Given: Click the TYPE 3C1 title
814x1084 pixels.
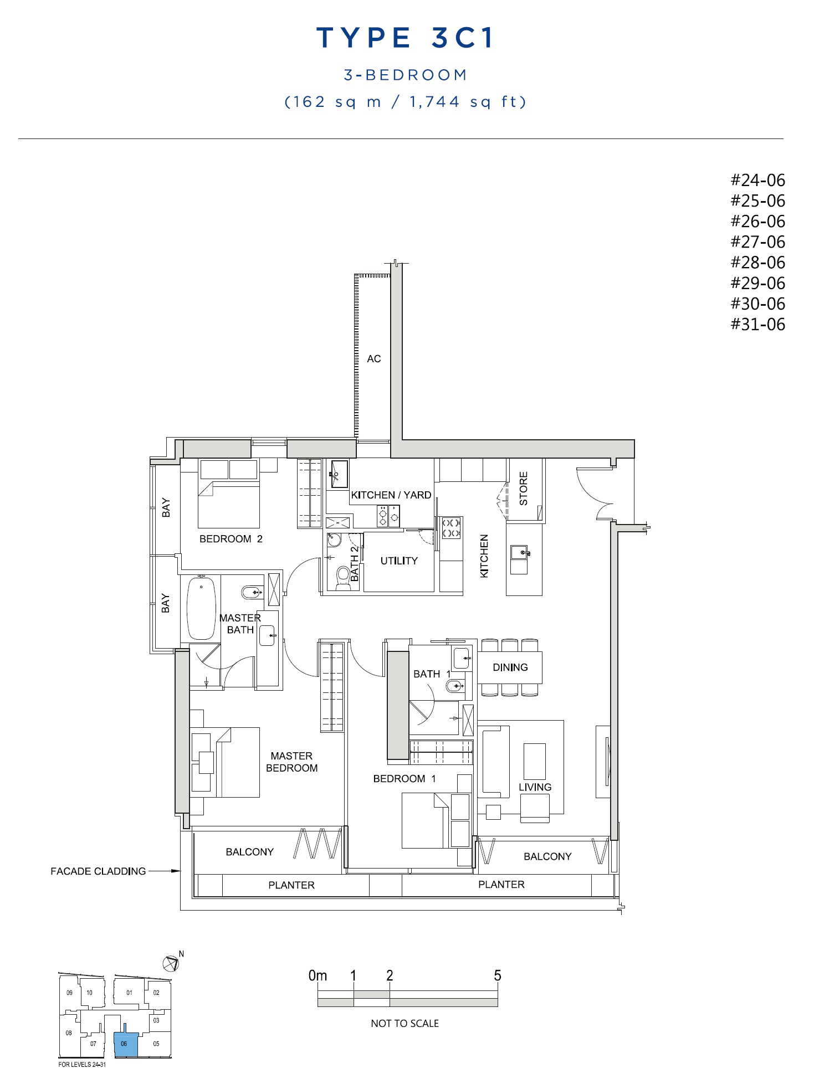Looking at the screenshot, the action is tap(405, 38).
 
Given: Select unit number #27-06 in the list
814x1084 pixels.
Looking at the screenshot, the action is tap(757, 242).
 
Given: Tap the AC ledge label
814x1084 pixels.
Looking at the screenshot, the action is tap(374, 359).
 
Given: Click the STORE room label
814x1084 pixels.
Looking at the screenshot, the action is tap(524, 489).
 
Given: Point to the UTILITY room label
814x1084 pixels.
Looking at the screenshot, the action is tap(399, 561).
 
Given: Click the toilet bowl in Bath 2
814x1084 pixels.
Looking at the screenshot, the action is tap(343, 576).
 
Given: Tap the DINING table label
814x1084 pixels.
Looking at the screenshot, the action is tap(510, 667).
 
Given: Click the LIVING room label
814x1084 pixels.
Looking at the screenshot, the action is tap(535, 787).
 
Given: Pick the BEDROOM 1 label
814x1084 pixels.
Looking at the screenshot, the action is tap(405, 779).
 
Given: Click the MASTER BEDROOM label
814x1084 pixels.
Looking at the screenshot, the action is tap(292, 762).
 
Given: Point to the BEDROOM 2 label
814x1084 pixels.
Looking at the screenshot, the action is tap(231, 539).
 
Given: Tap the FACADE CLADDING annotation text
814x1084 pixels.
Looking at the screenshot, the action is tap(98, 871).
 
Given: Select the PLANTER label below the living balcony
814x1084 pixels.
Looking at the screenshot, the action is tap(501, 885).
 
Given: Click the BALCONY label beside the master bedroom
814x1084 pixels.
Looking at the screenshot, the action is tap(250, 852).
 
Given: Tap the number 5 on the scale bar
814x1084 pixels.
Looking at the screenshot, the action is tap(498, 975).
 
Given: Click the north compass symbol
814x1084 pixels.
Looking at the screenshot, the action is tap(171, 963).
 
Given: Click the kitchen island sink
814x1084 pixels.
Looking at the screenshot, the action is tap(520, 552).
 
